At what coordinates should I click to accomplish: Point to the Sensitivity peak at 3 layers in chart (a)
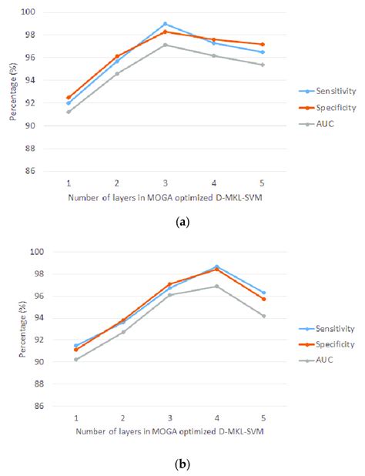pyautogui.click(x=165, y=24)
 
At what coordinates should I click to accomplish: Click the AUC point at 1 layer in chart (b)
pyautogui.click(x=75, y=359)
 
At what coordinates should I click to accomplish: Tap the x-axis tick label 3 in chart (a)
pyautogui.click(x=165, y=185)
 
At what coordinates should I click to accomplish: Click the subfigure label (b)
pyautogui.click(x=182, y=464)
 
